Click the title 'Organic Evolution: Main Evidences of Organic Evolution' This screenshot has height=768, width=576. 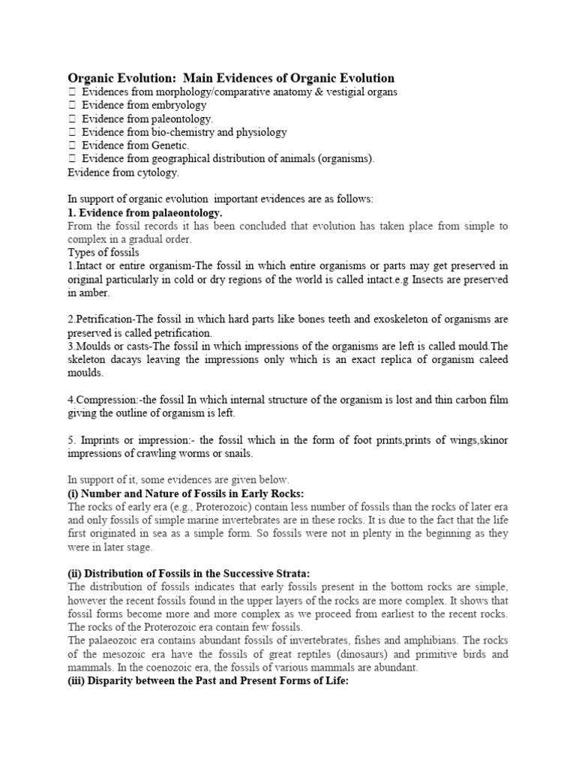point(231,78)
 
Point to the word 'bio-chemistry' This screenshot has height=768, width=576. point(183,132)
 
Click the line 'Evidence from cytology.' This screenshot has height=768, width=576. point(124,172)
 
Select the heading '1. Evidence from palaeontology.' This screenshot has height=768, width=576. point(145,213)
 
